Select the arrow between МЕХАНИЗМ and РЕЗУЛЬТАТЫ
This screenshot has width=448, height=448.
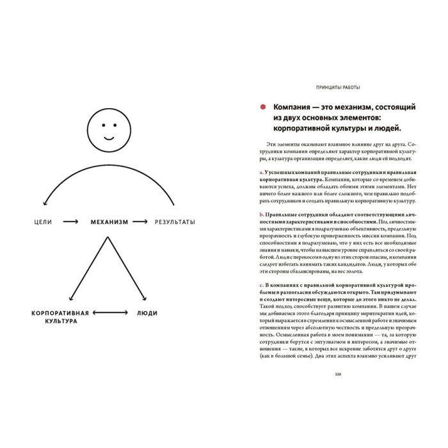pyautogui.click(x=142, y=222)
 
